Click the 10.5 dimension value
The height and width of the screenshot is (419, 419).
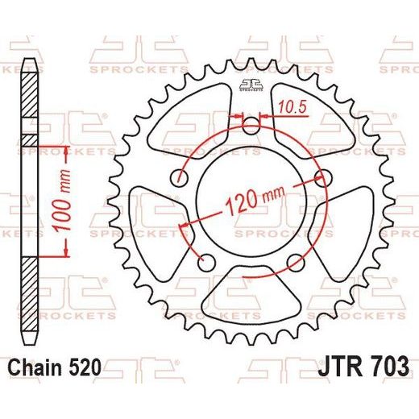(x=292, y=107)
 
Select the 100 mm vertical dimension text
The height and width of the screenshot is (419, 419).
(x=62, y=200)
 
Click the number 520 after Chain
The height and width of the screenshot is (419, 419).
(x=85, y=367)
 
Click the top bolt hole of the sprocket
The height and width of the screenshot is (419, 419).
(x=251, y=126)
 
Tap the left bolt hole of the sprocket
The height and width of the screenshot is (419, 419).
(x=180, y=177)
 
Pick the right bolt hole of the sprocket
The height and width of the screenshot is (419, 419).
(x=323, y=177)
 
